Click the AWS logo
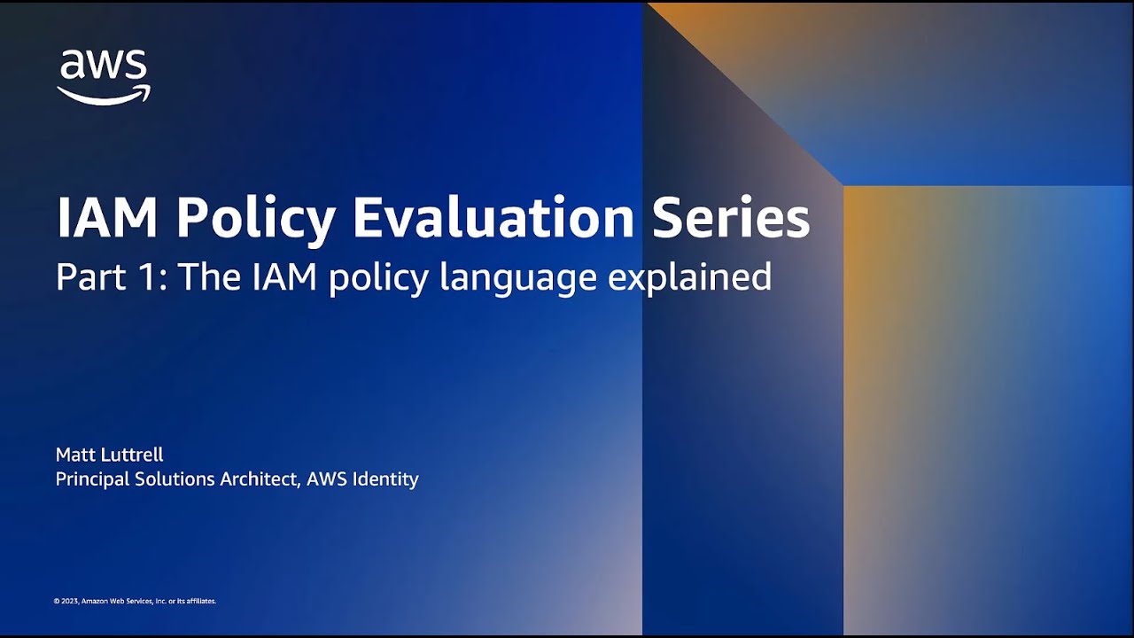coord(104,76)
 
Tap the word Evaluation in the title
coord(493,218)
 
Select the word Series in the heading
coord(731,218)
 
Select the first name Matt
coord(75,455)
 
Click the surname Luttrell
coord(132,455)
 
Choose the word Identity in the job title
coord(385,479)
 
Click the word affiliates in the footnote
coord(200,601)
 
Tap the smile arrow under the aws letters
coord(104,95)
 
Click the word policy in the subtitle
coord(379,278)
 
